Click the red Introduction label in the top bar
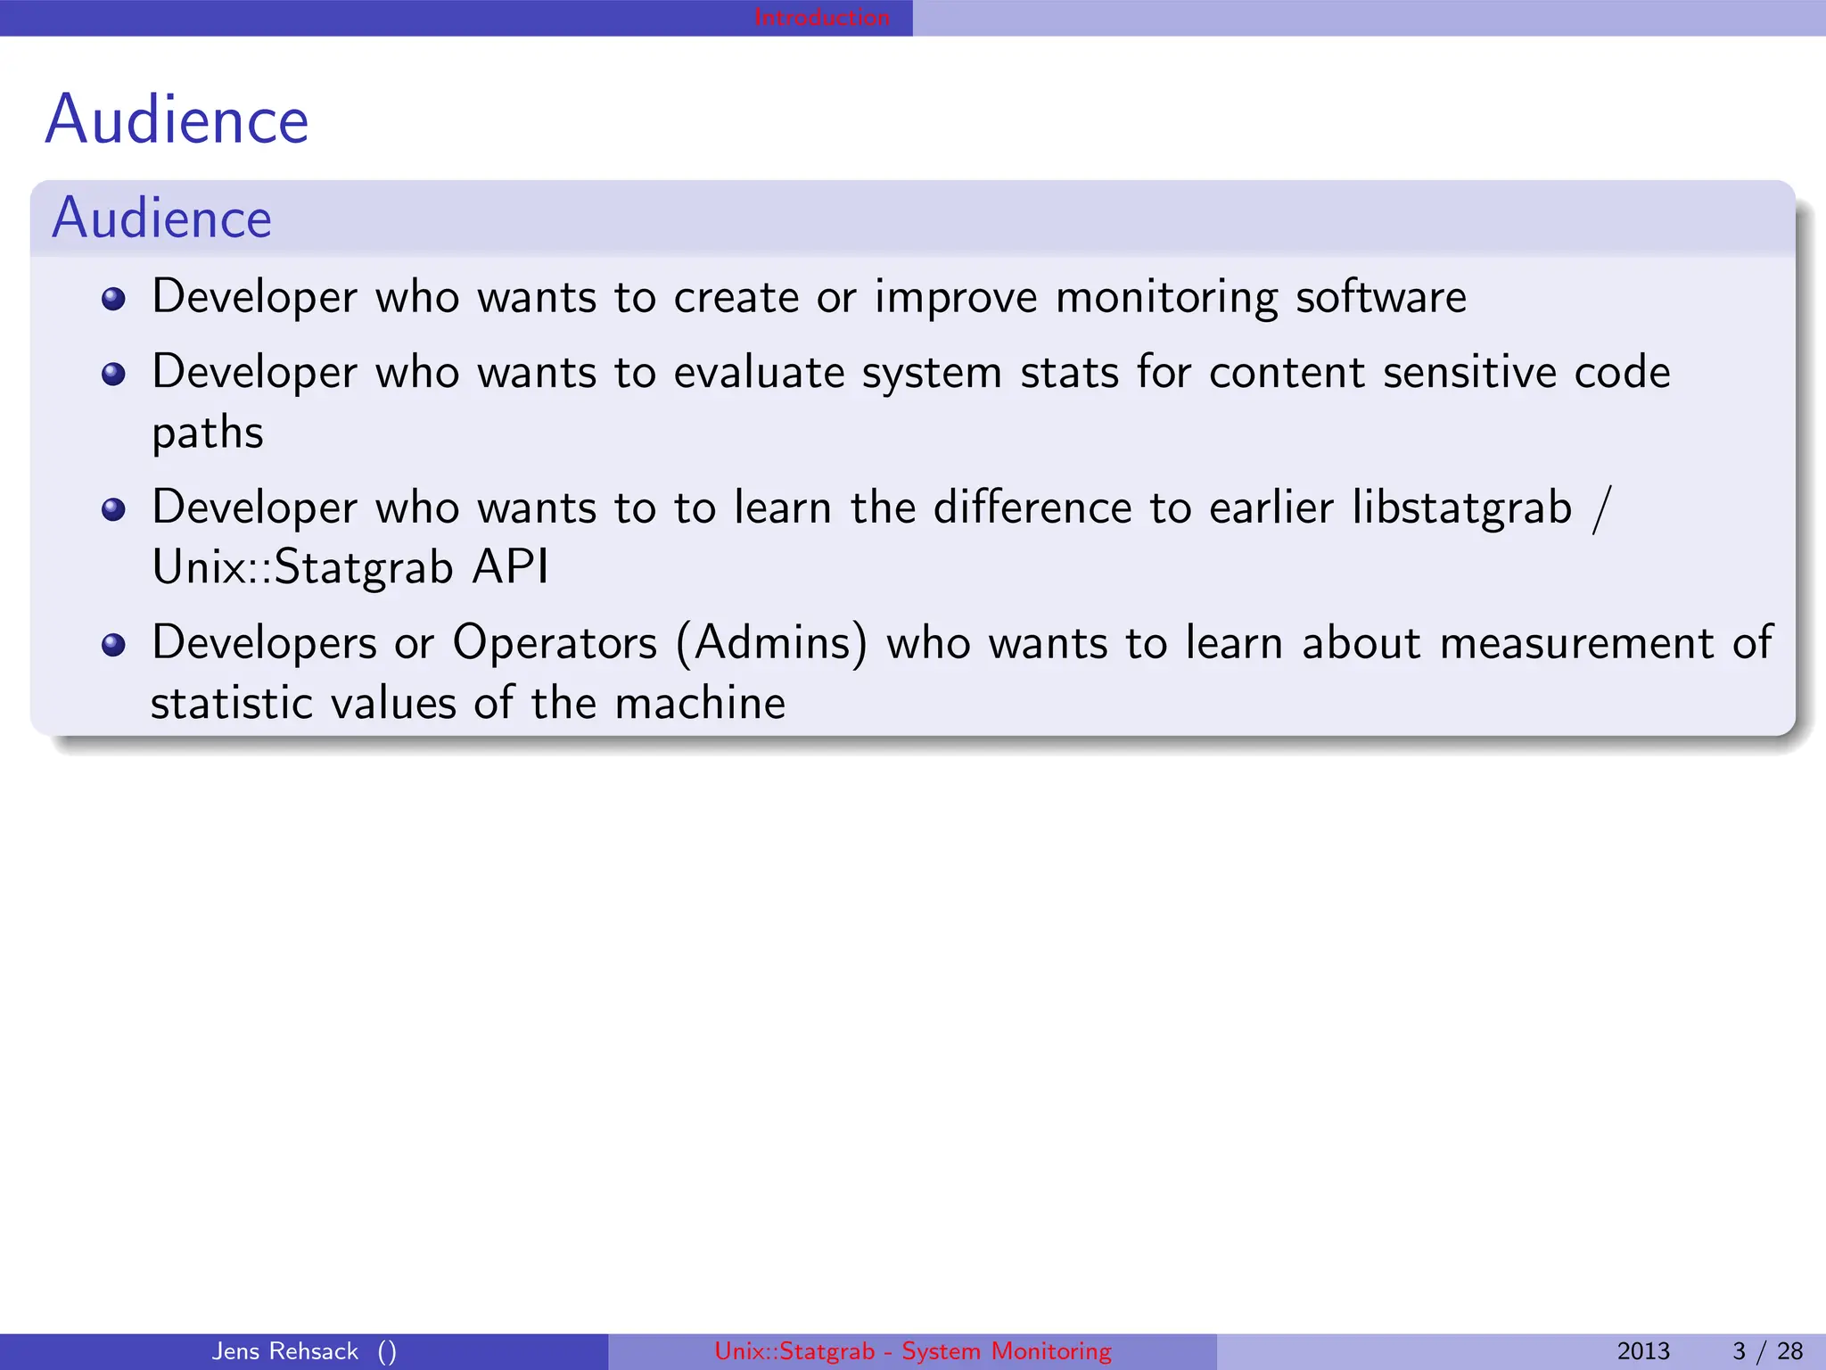[x=821, y=17]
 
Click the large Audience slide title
[x=177, y=120]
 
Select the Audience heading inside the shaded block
[x=161, y=219]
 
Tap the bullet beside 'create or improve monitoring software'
[x=113, y=299]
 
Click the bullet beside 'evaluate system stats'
[x=113, y=374]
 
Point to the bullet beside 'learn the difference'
[x=113, y=509]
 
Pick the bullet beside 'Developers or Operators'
[x=113, y=645]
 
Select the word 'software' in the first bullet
[x=1380, y=297]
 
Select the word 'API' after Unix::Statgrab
[x=510, y=567]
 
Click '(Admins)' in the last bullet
[x=771, y=644]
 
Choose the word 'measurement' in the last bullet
[x=1576, y=644]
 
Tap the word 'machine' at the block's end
[x=700, y=704]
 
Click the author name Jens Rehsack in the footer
[x=284, y=1351]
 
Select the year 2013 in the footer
[x=1642, y=1351]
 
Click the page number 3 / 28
[x=1767, y=1351]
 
